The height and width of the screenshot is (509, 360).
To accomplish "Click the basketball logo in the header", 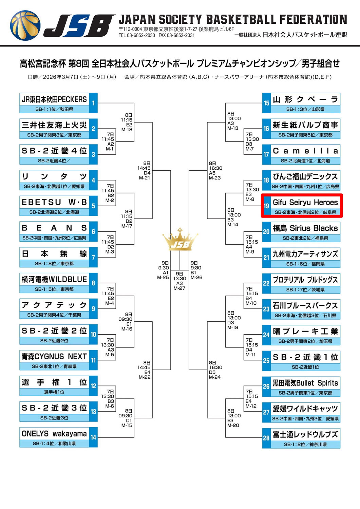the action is (x=25, y=25).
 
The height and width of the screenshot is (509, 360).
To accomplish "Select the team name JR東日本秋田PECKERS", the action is (x=54, y=99).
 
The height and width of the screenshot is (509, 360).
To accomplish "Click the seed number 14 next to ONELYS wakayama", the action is (x=93, y=437).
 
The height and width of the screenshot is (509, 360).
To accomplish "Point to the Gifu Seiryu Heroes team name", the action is (x=305, y=203).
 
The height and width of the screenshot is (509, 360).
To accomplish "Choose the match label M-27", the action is (x=179, y=288).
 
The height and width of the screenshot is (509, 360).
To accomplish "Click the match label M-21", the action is (x=144, y=178).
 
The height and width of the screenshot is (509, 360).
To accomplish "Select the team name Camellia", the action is (x=305, y=151).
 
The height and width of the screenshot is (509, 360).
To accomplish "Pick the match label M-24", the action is (x=215, y=377).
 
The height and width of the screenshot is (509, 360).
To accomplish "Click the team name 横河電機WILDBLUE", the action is (x=54, y=279).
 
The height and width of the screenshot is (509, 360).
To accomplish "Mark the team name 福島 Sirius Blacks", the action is (x=305, y=228).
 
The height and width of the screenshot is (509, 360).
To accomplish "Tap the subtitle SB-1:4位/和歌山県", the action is (x=54, y=443).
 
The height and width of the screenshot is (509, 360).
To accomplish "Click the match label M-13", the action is (x=233, y=128).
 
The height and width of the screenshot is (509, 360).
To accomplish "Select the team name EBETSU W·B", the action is (x=54, y=202).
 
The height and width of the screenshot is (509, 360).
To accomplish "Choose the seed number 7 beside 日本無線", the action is (x=93, y=257).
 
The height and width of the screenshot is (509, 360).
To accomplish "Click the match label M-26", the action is (x=196, y=278).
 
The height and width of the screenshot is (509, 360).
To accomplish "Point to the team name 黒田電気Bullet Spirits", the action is (x=305, y=383).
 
